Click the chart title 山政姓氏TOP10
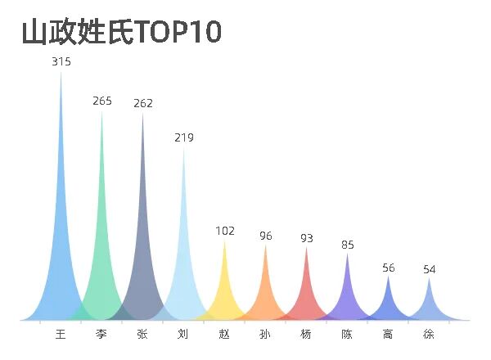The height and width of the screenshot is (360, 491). point(121,33)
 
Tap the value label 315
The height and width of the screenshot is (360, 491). point(61,62)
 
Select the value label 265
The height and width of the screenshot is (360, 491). point(102,101)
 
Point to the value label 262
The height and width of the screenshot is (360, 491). point(143,103)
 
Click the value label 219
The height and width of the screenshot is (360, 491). point(184,137)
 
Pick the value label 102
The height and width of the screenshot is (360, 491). point(225,231)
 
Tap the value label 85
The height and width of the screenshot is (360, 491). point(348,244)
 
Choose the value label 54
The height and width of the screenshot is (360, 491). point(430,269)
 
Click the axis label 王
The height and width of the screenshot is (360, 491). point(61,334)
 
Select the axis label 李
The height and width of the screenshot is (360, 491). point(101,334)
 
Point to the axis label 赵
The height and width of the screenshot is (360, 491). point(224,334)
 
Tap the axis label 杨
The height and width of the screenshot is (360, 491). point(306,334)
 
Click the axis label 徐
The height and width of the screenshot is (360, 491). point(429,334)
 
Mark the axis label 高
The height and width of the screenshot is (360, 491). point(388,334)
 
